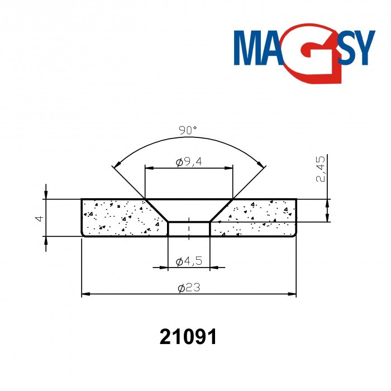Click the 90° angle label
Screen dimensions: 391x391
pyautogui.click(x=188, y=130)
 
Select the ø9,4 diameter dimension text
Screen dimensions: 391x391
pyautogui.click(x=188, y=163)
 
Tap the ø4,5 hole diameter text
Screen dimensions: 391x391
pyautogui.click(x=188, y=261)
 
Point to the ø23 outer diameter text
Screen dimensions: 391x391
pyautogui.click(x=189, y=288)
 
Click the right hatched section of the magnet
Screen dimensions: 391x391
pyautogui.click(x=257, y=218)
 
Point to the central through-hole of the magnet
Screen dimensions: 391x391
pyautogui.click(x=189, y=229)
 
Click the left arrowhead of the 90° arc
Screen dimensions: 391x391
pyautogui.click(x=116, y=165)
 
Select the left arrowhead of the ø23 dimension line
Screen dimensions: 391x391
pyautogui.click(x=85, y=294)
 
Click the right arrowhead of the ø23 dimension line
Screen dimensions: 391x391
pyautogui.click(x=292, y=294)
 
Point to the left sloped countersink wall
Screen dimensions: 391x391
pyautogui.click(x=156, y=211)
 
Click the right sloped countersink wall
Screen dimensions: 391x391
pyautogui.click(x=221, y=211)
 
